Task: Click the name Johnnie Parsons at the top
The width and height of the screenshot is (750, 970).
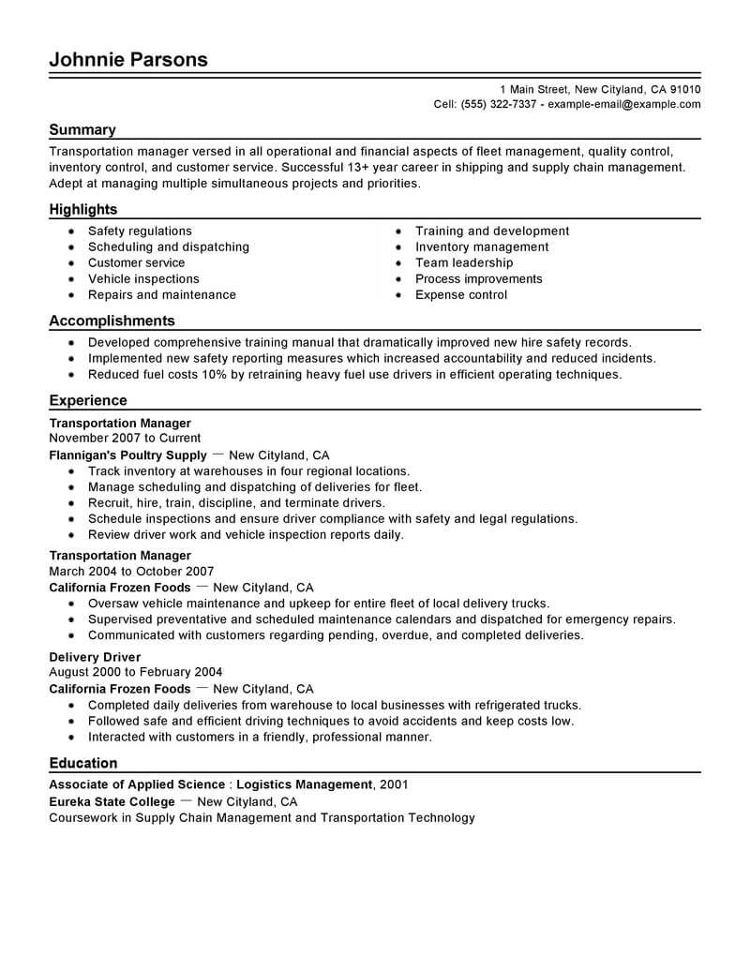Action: click(127, 60)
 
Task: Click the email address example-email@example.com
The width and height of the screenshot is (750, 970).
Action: click(623, 104)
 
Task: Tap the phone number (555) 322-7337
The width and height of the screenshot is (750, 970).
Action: click(498, 104)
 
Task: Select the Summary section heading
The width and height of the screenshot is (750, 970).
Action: click(82, 130)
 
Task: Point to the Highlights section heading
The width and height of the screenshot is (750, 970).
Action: click(83, 210)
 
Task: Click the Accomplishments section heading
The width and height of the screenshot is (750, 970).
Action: click(112, 321)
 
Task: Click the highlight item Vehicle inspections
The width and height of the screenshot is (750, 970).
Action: click(143, 278)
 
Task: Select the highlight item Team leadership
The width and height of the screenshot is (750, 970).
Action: click(464, 262)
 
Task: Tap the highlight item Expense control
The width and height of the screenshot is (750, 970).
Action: click(461, 294)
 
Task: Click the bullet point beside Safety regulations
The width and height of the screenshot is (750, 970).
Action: click(71, 231)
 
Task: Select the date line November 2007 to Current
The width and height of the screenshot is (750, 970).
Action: click(125, 438)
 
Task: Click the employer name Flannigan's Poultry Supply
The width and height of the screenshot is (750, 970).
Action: click(127, 455)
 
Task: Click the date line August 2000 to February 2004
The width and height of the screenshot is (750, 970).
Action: click(134, 672)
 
